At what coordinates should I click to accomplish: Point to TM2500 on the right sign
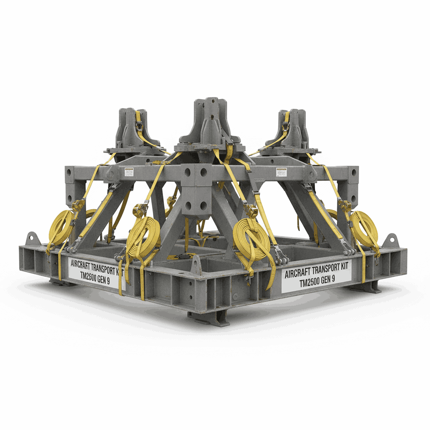pos(311,283)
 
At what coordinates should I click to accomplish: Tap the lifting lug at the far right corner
pos(391,241)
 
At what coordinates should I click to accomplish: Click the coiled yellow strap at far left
pos(61,227)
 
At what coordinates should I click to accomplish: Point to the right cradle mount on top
pos(290,130)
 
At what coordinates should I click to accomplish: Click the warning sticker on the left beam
pos(129,172)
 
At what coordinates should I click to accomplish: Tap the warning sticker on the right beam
pos(281,172)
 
